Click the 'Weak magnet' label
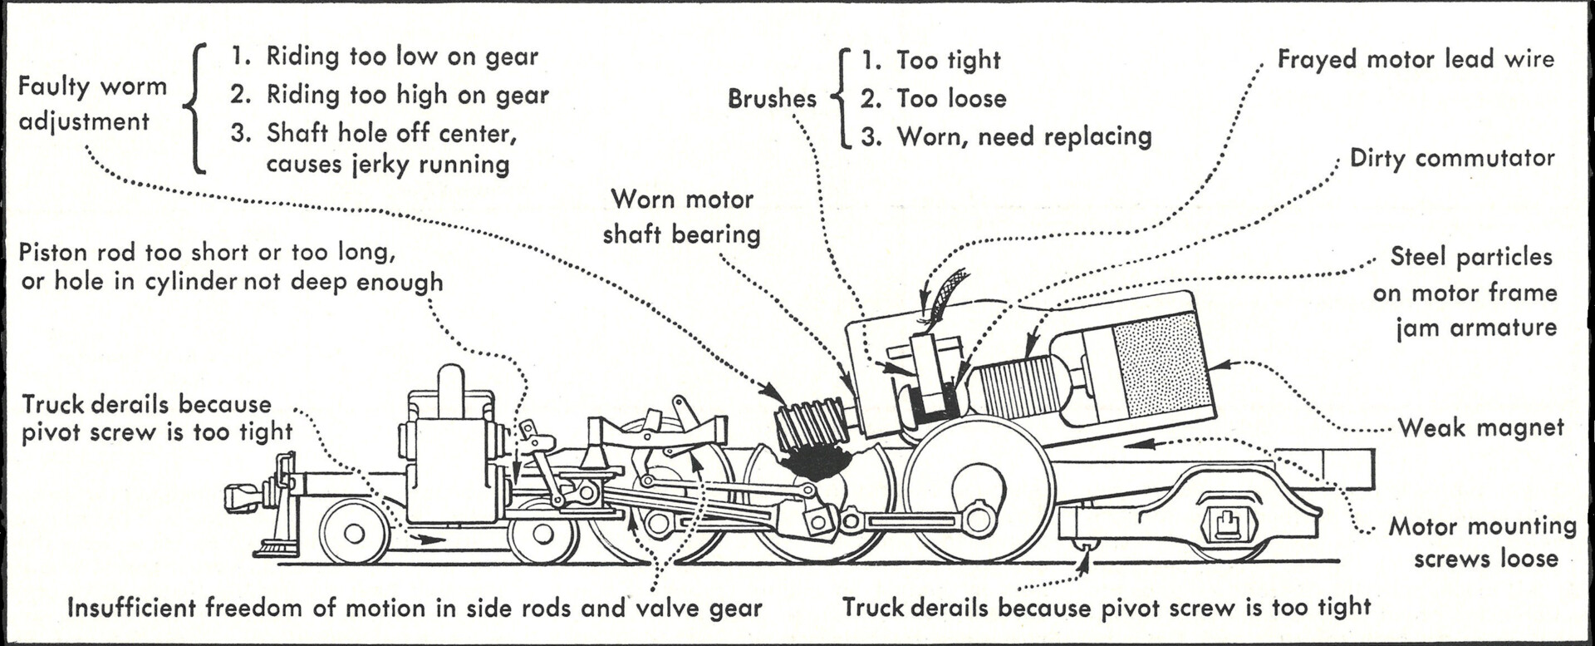[x=1480, y=428]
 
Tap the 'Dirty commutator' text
[x=1451, y=158]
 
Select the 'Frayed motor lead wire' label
[x=1415, y=59]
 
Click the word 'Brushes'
[x=772, y=99]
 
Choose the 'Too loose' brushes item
[x=950, y=99]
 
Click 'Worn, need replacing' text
[x=1023, y=136]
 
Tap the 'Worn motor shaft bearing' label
[x=681, y=217]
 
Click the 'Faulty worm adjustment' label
[x=92, y=104]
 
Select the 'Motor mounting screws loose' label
[x=1484, y=542]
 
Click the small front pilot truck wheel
[x=354, y=533]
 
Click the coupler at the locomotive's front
[x=243, y=497]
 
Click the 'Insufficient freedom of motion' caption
[x=414, y=608]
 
